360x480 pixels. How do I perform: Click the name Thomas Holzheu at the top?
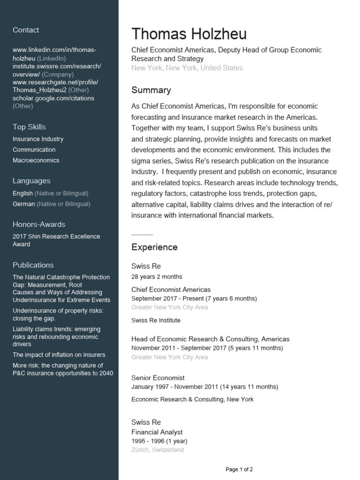188,34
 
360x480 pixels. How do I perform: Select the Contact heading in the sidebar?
26,30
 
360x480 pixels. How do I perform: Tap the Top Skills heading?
29,127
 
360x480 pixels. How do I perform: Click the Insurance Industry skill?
38,139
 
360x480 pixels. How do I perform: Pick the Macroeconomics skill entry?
36,160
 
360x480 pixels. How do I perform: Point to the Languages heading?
31,181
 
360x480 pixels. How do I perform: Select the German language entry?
24,204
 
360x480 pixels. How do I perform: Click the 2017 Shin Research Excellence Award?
56,240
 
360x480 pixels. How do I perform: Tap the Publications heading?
33,265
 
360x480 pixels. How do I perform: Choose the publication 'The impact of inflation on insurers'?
59,355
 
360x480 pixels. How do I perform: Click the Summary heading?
151,90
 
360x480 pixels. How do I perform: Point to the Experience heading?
154,247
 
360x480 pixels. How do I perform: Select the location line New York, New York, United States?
187,68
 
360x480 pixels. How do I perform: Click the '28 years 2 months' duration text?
157,277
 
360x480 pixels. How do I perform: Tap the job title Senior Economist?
158,378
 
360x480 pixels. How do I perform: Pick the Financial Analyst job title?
157,432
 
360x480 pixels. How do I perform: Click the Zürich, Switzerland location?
157,450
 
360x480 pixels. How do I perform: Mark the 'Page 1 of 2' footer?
239,469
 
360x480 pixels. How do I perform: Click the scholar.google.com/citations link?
53,98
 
